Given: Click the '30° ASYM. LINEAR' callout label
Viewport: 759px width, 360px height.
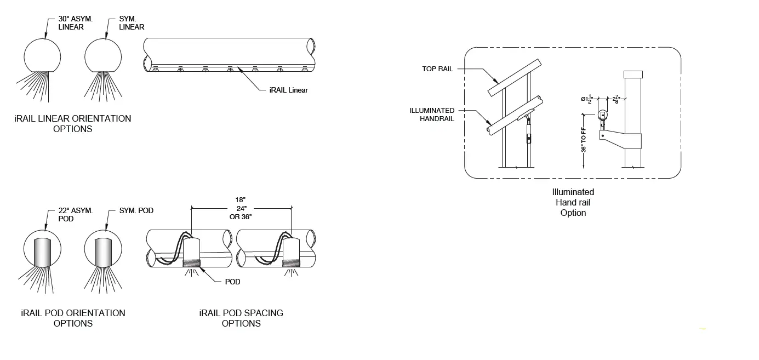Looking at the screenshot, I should (x=76, y=22).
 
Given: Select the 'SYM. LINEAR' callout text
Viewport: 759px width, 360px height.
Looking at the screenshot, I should (x=132, y=22).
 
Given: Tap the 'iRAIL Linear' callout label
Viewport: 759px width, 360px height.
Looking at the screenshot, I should (x=289, y=90).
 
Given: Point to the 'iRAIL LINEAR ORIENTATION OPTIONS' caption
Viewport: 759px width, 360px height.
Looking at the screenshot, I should (x=73, y=123).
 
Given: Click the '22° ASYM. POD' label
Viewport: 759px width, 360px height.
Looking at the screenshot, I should (x=76, y=214).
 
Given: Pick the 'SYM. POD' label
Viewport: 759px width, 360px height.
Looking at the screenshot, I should (x=136, y=210).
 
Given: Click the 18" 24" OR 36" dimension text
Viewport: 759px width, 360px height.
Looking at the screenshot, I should (x=241, y=208).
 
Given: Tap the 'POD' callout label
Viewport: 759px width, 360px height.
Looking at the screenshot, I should (x=232, y=282).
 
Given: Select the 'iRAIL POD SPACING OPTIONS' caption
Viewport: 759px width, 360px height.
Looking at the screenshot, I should (x=241, y=318).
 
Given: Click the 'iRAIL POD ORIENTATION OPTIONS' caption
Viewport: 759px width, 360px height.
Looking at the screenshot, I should (x=73, y=318).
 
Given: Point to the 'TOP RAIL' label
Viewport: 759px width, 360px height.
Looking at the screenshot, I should (x=437, y=69).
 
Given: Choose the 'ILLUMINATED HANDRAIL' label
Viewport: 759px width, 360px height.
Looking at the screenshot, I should (x=432, y=114).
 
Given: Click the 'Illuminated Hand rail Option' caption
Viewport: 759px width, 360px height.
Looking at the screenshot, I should (x=573, y=202).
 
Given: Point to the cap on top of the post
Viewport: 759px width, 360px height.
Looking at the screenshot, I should (x=633, y=74).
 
